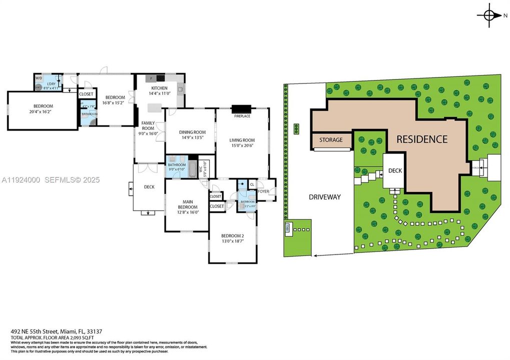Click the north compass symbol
pyautogui.click(x=489, y=16)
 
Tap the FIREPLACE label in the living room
pyautogui.click(x=242, y=116)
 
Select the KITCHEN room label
pyautogui.click(x=159, y=88)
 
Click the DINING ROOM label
pyautogui.click(x=192, y=132)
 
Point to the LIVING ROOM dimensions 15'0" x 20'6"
pyautogui.click(x=242, y=145)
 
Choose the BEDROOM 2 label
pyautogui.click(x=232, y=236)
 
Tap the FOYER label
pyautogui.click(x=263, y=191)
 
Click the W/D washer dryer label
pyautogui.click(x=39, y=78)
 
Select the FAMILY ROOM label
pyautogui.click(x=148, y=125)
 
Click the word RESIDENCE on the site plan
pyautogui.click(x=422, y=139)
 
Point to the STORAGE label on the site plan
pyautogui.click(x=331, y=140)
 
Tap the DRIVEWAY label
pyautogui.click(x=324, y=197)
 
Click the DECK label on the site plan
pyautogui.click(x=395, y=170)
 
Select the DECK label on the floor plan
pyautogui.click(x=149, y=187)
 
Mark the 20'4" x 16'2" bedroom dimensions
pyautogui.click(x=43, y=112)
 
